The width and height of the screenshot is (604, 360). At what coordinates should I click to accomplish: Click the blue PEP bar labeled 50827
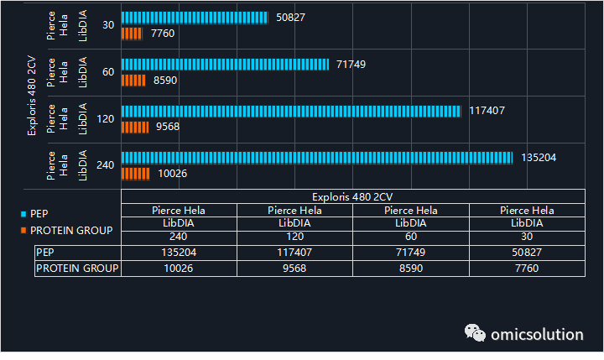click(195, 18)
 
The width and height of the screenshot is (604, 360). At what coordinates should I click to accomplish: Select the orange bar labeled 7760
click(132, 34)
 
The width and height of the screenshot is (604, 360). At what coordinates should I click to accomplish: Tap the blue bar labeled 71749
click(225, 65)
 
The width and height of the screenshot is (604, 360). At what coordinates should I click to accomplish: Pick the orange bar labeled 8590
click(133, 81)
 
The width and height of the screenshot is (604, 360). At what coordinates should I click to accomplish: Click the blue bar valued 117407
click(291, 112)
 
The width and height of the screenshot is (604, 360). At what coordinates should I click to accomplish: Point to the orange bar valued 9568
click(135, 128)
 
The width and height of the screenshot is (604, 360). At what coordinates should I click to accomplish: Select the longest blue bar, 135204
click(317, 158)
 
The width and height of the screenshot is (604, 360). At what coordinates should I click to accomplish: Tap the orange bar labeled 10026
click(136, 174)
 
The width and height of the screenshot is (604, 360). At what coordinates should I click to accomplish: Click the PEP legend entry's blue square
click(23, 214)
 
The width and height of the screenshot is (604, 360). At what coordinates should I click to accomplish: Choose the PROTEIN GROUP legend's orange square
click(23, 231)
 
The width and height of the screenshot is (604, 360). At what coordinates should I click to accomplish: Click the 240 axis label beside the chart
click(105, 165)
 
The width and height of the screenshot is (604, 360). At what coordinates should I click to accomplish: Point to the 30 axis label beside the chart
click(108, 25)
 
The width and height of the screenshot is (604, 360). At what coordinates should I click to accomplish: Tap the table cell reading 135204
click(179, 253)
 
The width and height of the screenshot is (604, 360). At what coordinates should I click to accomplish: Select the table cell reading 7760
click(527, 269)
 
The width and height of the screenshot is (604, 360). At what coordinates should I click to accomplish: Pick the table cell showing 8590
click(411, 269)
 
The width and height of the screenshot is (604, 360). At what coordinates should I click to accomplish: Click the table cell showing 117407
click(294, 253)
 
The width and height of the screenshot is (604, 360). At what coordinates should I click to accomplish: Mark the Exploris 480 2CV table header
click(352, 197)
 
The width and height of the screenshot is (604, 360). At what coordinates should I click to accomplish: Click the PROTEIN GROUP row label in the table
click(77, 269)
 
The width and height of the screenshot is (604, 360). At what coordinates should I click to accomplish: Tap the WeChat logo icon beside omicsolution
click(475, 332)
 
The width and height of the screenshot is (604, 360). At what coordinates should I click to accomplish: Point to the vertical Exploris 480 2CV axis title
click(32, 96)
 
